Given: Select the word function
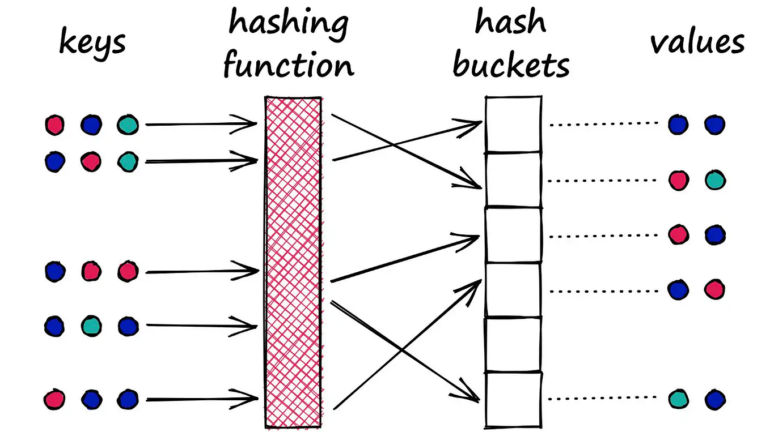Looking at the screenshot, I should coord(288,65).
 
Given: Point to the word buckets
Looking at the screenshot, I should coord(511,66).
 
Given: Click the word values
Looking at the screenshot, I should coord(697,42).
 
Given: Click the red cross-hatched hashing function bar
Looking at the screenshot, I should coord(294,260).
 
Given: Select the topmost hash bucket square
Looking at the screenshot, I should coord(513,124).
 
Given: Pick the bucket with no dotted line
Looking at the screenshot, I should coord(513,344).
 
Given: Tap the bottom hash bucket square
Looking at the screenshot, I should coord(513,398).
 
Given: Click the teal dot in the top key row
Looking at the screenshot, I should coord(128,125).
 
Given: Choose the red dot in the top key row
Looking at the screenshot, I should coord(55,125).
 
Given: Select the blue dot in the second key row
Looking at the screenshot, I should coord(55,161).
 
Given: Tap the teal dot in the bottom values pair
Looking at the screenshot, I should coord(678,399).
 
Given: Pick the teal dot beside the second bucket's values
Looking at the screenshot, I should coord(714,181).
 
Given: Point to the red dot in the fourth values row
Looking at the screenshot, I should coord(714,290).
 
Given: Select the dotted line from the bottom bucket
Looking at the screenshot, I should coord(603,399).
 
